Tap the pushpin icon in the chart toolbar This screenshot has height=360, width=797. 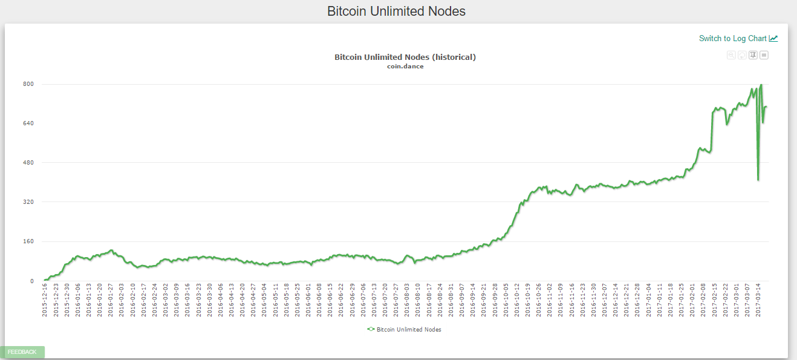(x=753, y=55)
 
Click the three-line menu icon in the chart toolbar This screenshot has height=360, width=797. (x=764, y=55)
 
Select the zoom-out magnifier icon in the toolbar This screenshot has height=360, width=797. (x=731, y=55)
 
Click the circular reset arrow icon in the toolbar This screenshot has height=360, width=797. (x=742, y=55)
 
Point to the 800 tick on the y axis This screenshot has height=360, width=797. (x=28, y=84)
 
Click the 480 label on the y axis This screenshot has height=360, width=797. (x=28, y=163)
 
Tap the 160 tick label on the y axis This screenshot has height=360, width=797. (x=28, y=241)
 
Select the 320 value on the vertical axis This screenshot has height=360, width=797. (x=28, y=202)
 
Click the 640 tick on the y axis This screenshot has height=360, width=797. (x=28, y=123)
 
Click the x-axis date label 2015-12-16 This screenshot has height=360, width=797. (x=45, y=301)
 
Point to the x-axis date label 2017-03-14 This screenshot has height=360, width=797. (x=758, y=301)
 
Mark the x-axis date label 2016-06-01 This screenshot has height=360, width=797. (x=308, y=301)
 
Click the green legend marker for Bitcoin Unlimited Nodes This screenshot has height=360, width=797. (x=371, y=329)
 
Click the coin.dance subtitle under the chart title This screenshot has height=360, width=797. (x=405, y=67)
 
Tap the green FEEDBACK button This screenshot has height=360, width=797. (x=22, y=352)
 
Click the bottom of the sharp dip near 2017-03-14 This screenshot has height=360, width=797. (x=758, y=180)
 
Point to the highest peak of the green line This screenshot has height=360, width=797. (x=761, y=85)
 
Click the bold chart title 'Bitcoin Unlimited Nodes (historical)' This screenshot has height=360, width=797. (x=405, y=57)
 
